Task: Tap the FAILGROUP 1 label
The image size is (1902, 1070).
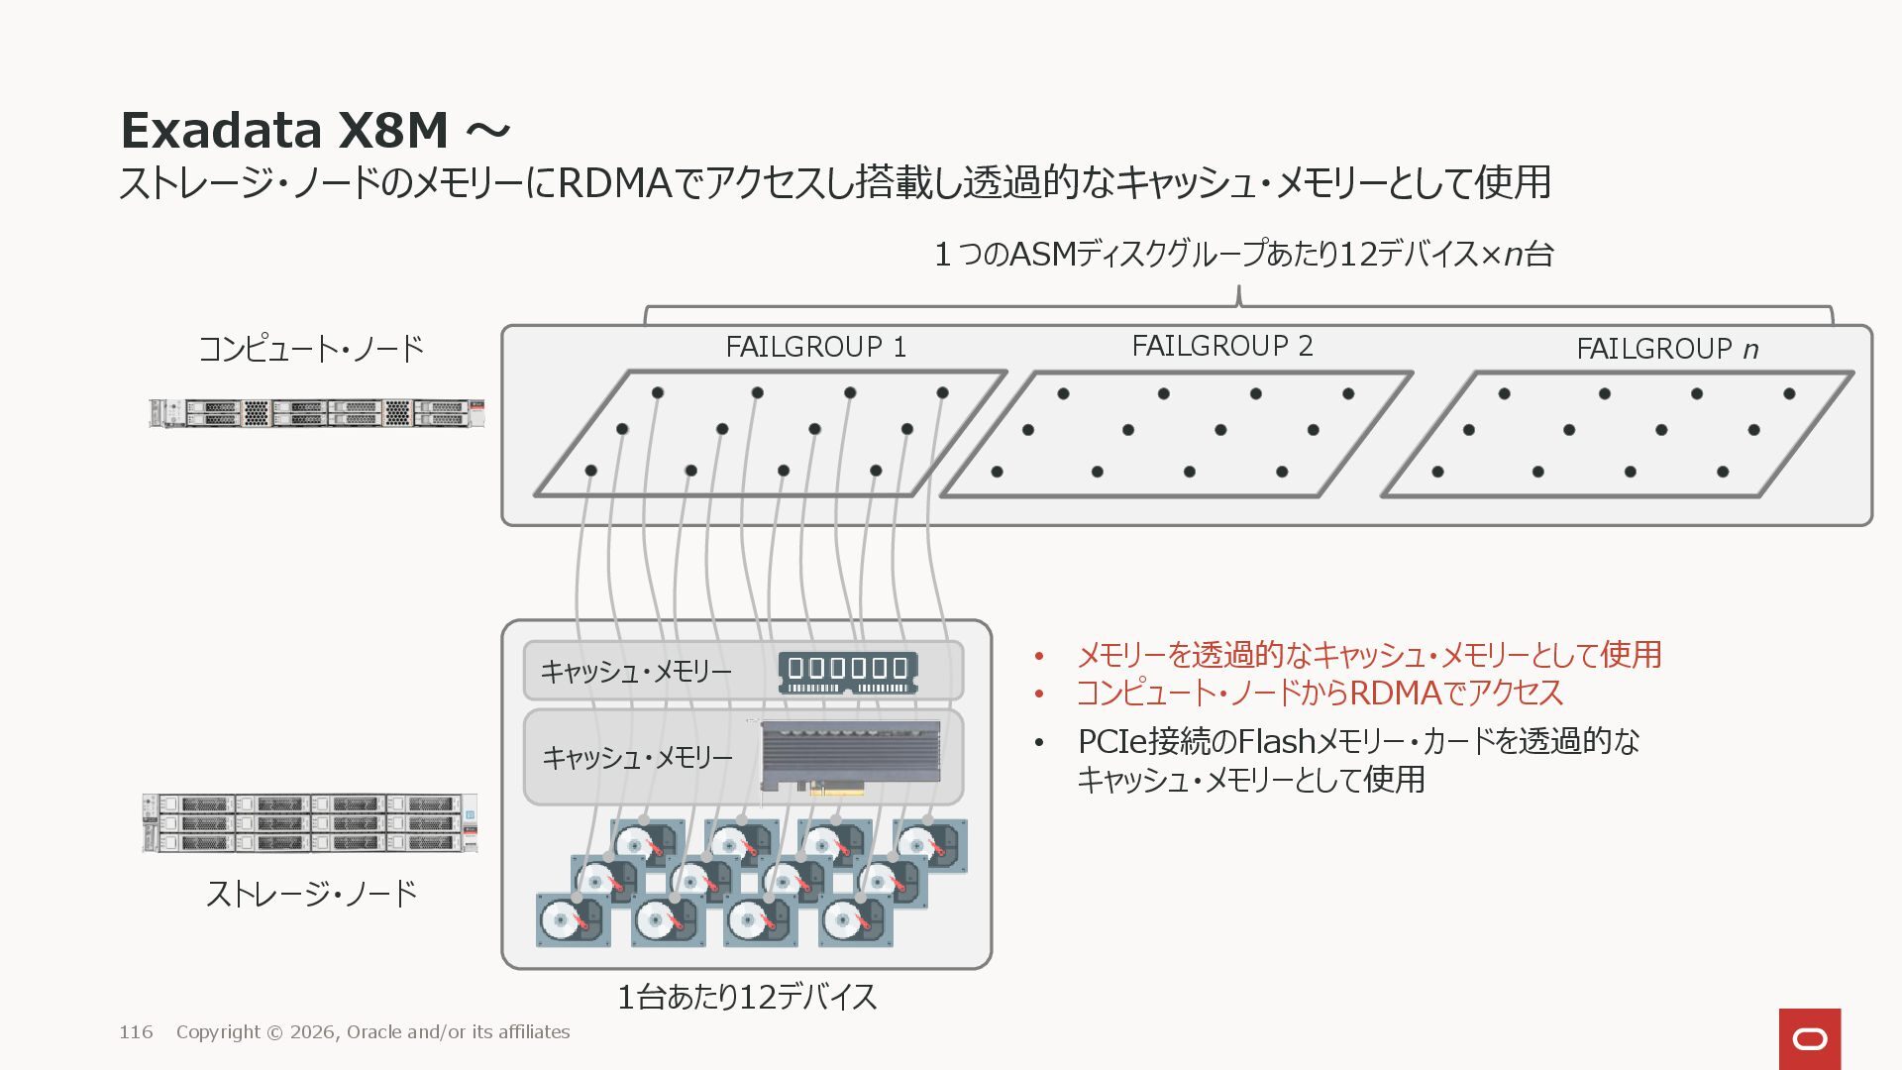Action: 815,348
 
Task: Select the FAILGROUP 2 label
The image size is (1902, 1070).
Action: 1221,347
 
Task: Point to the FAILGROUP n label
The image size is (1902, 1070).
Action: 1666,350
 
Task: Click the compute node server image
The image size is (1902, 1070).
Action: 316,413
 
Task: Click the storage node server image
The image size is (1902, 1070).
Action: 310,823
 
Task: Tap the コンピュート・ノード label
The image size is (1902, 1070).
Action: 311,349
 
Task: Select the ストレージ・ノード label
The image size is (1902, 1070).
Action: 311,894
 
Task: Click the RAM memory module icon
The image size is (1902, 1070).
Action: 848,672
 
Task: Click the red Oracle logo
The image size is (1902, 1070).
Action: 1809,1038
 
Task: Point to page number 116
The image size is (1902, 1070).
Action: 136,1032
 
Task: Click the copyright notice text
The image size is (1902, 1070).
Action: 372,1032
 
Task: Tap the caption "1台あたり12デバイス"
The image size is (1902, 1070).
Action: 747,997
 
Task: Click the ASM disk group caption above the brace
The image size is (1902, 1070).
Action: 1243,255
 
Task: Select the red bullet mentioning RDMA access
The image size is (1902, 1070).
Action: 1319,693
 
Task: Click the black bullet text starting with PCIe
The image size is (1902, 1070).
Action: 1357,760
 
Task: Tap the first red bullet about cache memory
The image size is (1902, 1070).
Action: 1368,655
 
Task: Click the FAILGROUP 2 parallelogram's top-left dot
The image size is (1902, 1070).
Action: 1063,393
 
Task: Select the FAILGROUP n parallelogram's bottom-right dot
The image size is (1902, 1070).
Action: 1723,472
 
